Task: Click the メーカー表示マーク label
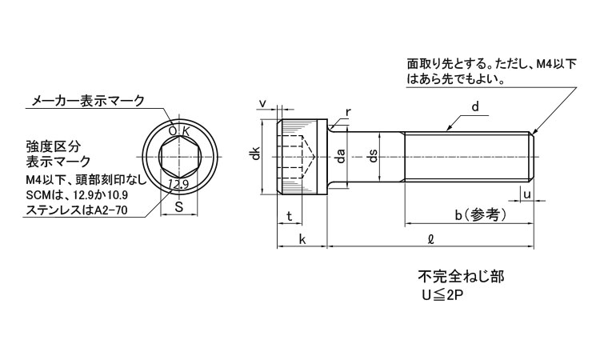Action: tap(87, 101)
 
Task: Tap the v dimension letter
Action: tap(263, 105)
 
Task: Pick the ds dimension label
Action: tap(371, 157)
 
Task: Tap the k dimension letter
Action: tap(302, 239)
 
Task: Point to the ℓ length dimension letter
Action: tap(431, 238)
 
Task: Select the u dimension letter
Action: tap(526, 194)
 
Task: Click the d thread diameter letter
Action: tap(474, 106)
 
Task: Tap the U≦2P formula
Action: tap(443, 295)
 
